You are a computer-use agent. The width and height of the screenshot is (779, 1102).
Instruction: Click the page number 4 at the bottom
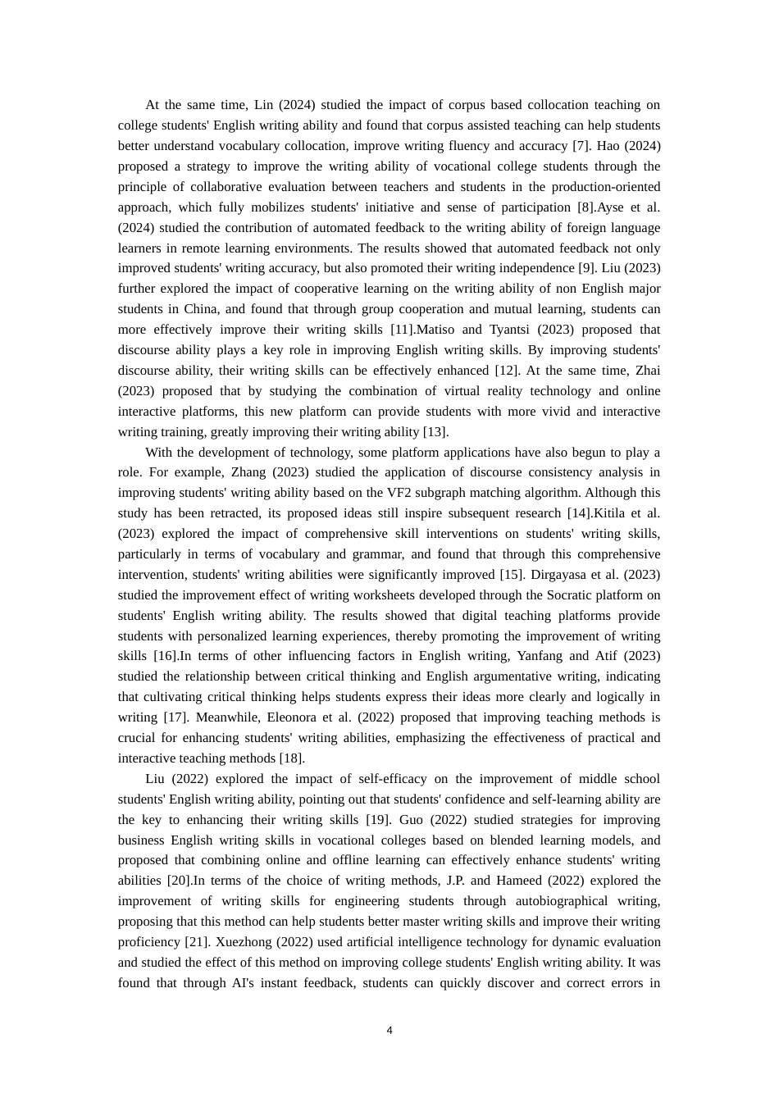coord(389,1031)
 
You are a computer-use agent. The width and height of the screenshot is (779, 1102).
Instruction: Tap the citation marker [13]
coord(435,432)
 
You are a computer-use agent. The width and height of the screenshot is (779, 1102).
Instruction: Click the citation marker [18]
coord(291,758)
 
